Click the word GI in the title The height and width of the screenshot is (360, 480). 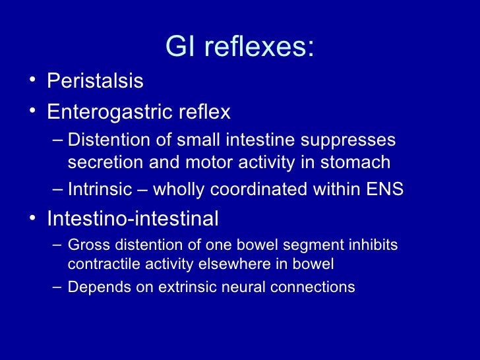178,47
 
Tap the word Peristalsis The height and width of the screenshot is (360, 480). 95,82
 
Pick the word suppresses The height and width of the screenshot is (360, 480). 355,140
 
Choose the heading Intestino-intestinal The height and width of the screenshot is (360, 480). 133,218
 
